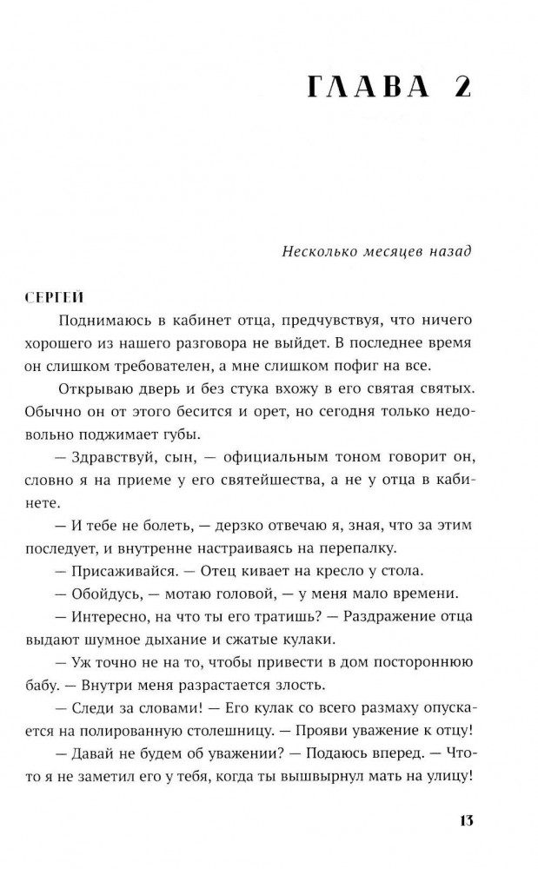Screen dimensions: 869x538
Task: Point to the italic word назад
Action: (x=447, y=252)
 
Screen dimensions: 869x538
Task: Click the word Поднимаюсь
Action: (x=101, y=320)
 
